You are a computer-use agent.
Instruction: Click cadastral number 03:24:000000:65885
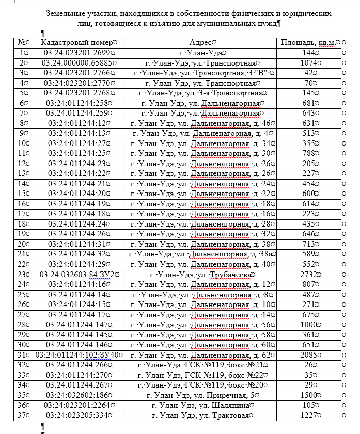(76, 63)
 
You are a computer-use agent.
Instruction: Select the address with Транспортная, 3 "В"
(202, 73)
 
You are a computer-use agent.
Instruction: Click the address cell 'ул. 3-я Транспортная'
(202, 93)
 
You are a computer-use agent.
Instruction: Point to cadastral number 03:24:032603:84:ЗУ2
(76, 275)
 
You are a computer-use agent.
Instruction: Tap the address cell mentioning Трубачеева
(202, 275)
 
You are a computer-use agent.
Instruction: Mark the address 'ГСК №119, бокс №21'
(202, 365)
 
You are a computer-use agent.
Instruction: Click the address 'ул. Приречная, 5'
(202, 395)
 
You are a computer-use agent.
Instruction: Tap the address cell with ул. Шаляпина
(202, 405)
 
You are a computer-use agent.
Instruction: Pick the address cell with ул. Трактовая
(202, 415)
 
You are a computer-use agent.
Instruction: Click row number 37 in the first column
(22, 415)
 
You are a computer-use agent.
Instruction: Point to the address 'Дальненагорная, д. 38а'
(202, 254)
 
